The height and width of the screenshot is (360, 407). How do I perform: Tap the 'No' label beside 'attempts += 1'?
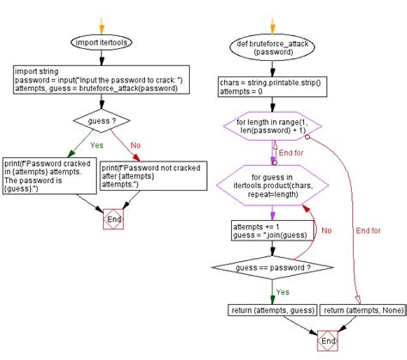(326, 230)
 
